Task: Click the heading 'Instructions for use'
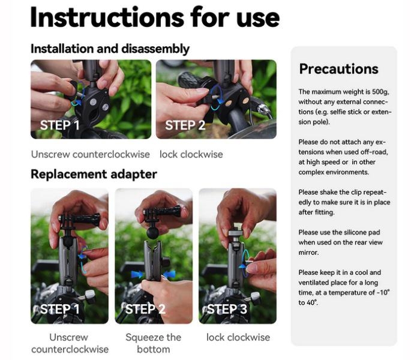155,17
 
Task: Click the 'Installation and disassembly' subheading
110,49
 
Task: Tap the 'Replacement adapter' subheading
94,174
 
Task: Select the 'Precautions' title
338,69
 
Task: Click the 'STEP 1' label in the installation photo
60,125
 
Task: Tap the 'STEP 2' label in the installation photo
185,125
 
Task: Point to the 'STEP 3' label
227,309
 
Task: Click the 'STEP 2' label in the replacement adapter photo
145,309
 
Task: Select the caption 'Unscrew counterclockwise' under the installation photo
90,154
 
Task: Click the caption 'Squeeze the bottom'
154,343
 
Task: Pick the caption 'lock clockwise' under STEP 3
238,337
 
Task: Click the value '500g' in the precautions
380,92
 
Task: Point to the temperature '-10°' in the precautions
383,293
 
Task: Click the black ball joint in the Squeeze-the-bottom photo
153,233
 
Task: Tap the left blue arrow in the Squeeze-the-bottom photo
137,274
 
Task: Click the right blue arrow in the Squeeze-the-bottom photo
169,274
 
